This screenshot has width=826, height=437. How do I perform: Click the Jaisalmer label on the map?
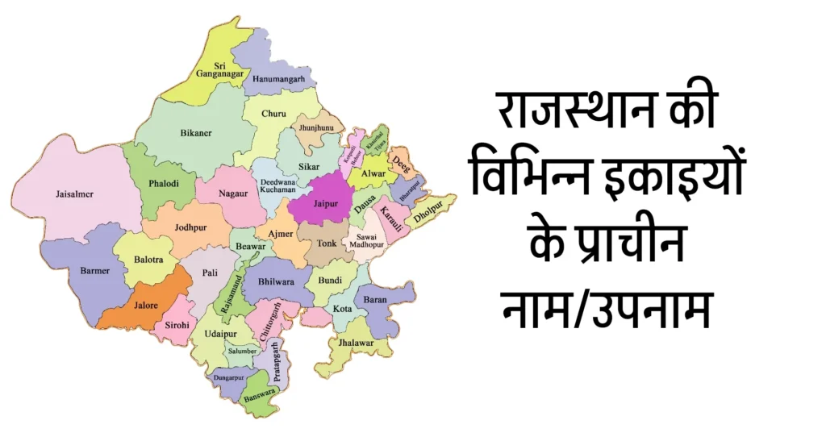coord(74,194)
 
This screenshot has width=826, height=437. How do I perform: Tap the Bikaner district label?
coord(195,133)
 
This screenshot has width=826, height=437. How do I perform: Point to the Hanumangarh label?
coord(279,79)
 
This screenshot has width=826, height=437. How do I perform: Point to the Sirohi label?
coord(177,324)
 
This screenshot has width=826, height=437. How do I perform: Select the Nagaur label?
coord(232,194)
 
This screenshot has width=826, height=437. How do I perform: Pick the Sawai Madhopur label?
coord(367,242)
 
